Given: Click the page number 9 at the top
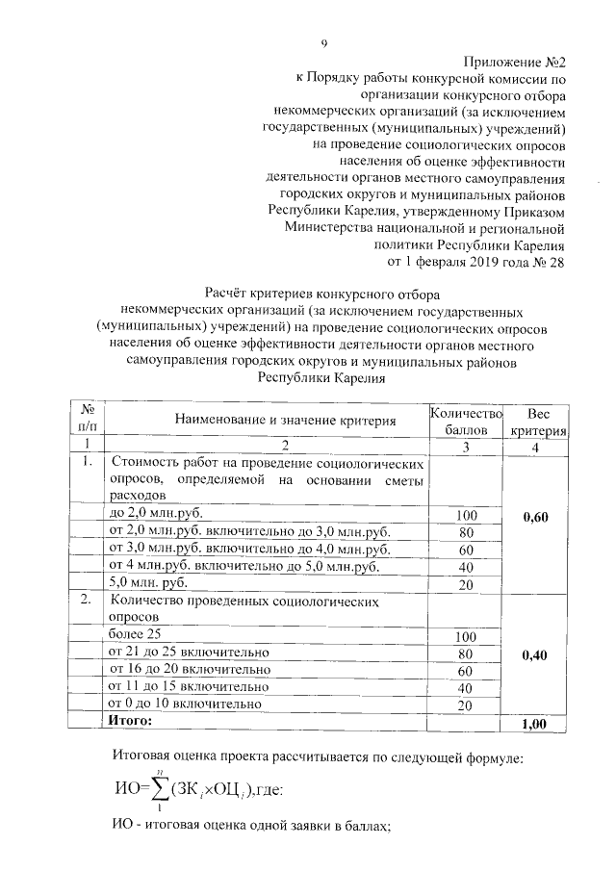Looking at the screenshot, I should tap(324, 42).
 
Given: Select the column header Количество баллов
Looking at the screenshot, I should tap(466, 419).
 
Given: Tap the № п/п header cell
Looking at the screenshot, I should tap(87, 419).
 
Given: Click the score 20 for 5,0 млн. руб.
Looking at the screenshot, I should tap(466, 584).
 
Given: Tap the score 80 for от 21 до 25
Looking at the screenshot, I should tap(466, 654).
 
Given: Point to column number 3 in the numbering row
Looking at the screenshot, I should tap(466, 445).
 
